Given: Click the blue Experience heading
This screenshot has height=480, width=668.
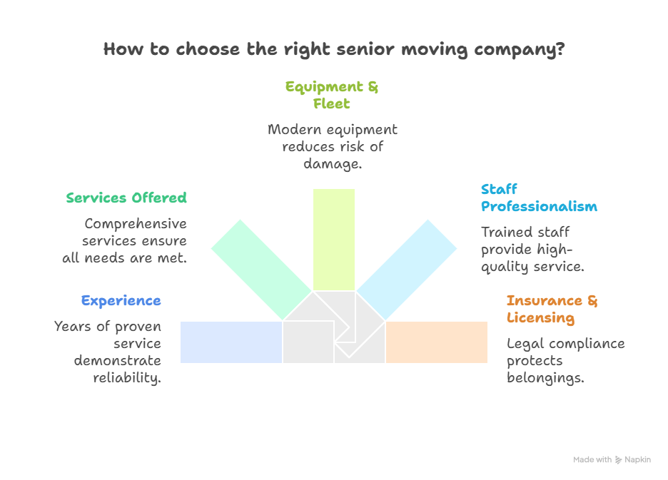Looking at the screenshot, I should coord(121,300).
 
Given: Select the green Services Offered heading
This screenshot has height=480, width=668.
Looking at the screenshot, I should coord(126,198).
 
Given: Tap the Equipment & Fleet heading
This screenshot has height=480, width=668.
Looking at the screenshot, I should coord(332,95).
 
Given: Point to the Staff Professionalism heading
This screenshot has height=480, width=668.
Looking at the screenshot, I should coord(539,198).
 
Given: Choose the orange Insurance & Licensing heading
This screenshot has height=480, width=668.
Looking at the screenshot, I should coord(552,309).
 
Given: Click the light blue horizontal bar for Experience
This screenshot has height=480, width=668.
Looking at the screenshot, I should coord(231,342).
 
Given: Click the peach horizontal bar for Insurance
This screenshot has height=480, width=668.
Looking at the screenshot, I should coord(437,342).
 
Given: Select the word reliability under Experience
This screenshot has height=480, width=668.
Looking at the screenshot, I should coord(127,378).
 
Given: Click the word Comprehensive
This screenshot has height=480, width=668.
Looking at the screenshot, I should coord(136,223).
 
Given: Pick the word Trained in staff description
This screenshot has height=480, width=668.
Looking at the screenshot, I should coord(503,233).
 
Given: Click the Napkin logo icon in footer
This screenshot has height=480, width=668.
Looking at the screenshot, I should coord(618,460).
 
